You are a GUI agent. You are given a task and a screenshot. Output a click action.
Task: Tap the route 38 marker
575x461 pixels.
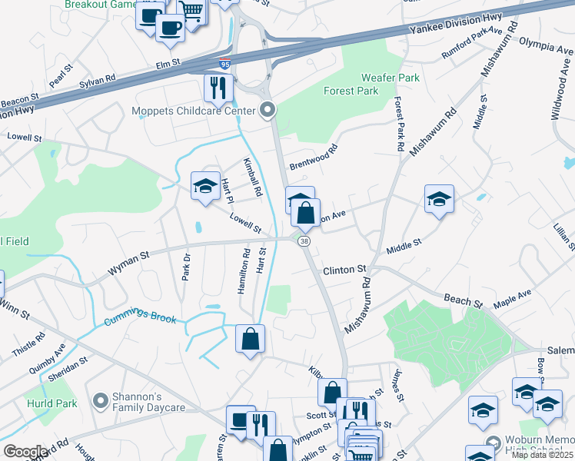305,241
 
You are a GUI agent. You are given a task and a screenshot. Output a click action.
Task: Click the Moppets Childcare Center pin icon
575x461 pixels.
268,111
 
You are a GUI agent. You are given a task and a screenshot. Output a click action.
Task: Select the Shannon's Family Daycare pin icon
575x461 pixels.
99,400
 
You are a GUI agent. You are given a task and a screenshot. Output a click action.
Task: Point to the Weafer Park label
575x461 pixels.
391,78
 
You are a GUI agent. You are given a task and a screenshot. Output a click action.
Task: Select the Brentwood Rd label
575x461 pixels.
313,156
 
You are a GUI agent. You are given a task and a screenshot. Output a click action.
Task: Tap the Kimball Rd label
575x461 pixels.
253,177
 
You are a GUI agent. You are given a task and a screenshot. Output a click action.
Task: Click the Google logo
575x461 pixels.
26,452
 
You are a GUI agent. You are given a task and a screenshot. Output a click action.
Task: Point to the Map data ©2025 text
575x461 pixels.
541,455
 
